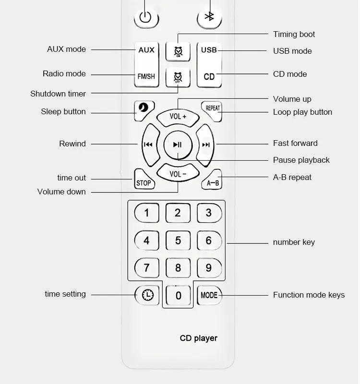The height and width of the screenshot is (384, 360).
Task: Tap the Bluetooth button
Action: [x=209, y=18]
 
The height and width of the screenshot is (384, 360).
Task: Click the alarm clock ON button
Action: [x=178, y=51]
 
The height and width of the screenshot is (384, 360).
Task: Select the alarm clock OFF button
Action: [x=178, y=77]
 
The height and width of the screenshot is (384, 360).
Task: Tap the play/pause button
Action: [x=178, y=145]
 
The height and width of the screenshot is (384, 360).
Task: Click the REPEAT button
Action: [x=212, y=111]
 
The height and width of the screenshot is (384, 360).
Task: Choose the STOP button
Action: [x=144, y=179]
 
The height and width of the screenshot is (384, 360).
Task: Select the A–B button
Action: [x=212, y=180]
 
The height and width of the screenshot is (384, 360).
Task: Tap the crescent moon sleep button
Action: [x=144, y=111]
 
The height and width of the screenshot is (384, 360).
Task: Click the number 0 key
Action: [x=178, y=295]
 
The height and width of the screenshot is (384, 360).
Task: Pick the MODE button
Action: [x=209, y=295]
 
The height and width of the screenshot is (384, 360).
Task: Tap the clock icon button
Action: [x=147, y=295]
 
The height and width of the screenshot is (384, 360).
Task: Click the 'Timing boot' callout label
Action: [x=294, y=34]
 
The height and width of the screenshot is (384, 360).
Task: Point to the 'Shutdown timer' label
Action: [x=58, y=94]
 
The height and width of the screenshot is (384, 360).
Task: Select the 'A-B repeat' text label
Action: [x=292, y=177]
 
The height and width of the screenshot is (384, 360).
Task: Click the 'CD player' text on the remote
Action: [x=199, y=338]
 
